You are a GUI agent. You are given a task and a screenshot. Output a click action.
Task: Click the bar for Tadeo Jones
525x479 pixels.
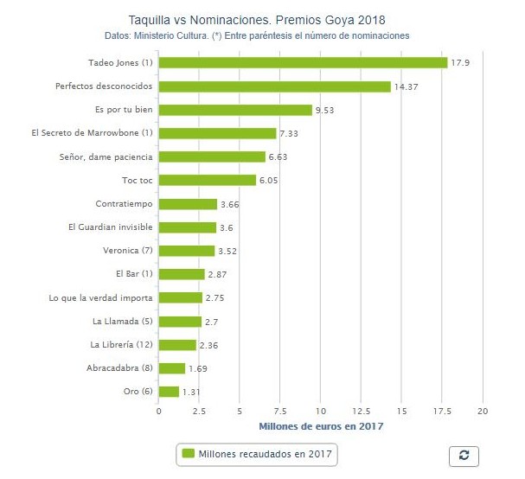[x=303, y=62]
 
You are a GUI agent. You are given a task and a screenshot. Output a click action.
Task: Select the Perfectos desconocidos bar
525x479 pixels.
[x=274, y=86]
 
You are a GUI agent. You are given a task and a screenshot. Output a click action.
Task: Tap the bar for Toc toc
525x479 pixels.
[x=208, y=180]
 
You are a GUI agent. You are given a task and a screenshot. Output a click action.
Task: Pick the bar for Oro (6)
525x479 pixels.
[x=169, y=392]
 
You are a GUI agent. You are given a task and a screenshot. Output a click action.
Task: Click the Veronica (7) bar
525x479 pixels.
[x=187, y=251]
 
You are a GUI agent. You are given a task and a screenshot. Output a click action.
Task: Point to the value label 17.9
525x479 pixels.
[x=460, y=63]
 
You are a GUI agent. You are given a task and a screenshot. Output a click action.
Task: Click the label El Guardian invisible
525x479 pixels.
[x=111, y=227]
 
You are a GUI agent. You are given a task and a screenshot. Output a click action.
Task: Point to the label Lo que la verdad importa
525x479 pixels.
[x=101, y=297]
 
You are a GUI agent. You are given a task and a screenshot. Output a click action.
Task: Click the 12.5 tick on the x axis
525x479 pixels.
[x=361, y=411]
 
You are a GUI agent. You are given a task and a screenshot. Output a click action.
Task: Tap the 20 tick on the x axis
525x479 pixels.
[x=483, y=411]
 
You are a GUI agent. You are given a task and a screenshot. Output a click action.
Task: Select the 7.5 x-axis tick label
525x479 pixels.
[x=280, y=411]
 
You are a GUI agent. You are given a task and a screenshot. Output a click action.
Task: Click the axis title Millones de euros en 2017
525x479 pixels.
[x=321, y=425]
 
